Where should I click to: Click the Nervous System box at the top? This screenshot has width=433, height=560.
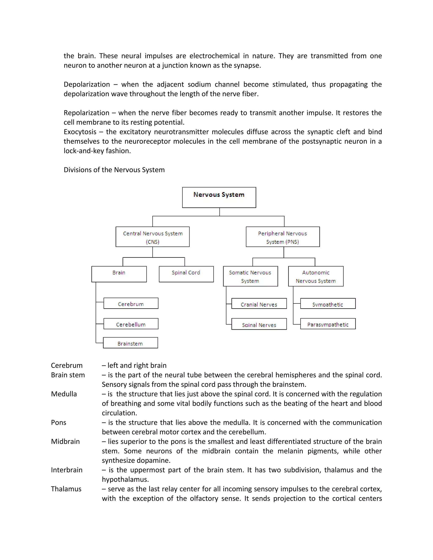(219, 197)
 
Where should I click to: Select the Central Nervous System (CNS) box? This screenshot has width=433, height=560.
(152, 237)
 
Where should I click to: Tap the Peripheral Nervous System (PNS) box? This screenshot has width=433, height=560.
(282, 237)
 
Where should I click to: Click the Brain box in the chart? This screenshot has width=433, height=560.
(119, 274)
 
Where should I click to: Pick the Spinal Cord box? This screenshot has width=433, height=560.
(186, 274)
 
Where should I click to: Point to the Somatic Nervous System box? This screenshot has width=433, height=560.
(250, 276)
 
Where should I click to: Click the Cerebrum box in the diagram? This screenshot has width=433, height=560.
(131, 303)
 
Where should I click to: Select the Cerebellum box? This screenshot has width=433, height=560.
(131, 324)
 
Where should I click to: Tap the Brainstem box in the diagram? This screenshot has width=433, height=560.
(130, 343)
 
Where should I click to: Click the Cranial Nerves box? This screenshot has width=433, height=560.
(259, 304)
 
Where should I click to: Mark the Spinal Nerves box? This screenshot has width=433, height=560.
(259, 324)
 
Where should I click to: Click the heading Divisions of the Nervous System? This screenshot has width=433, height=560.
(114, 170)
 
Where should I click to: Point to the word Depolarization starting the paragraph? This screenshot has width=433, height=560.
(87, 84)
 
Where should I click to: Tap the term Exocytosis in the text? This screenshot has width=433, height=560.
(80, 132)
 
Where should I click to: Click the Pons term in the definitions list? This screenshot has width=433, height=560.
(59, 423)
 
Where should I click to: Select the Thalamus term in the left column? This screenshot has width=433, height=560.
(66, 489)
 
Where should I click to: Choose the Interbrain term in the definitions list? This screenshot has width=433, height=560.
(67, 470)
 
